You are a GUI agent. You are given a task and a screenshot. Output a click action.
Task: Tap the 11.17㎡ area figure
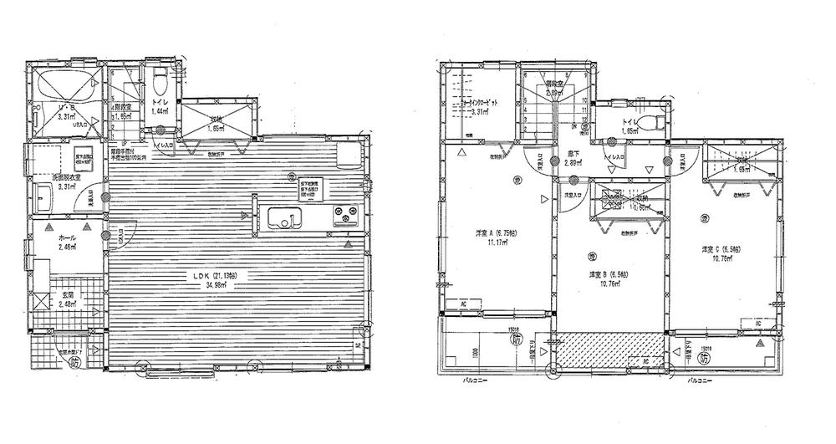coord(484,246)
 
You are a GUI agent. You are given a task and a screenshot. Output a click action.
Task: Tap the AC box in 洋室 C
coord(757,322)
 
